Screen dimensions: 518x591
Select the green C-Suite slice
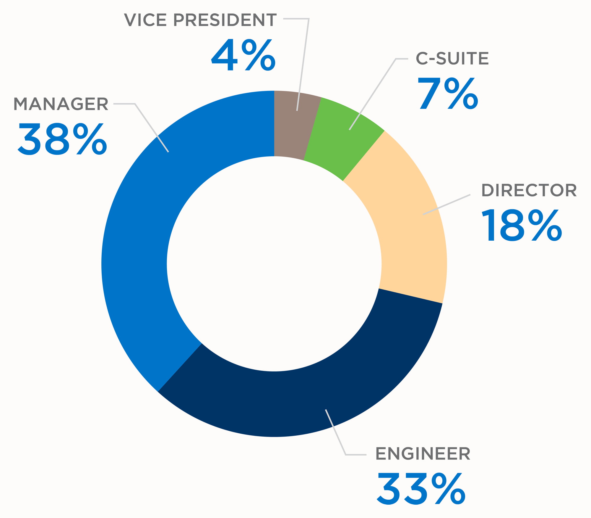pyautogui.click(x=340, y=142)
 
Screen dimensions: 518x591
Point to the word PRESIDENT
pyautogui.click(x=225, y=20)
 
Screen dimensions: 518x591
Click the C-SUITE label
pyautogui.click(x=452, y=58)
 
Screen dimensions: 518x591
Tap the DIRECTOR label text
pyautogui.click(x=529, y=190)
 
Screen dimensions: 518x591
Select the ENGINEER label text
pyautogui.click(x=423, y=454)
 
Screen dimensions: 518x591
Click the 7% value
pyautogui.click(x=448, y=94)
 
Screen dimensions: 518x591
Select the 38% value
pyautogui.click(x=62, y=139)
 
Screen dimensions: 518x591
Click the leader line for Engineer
pyautogui.click(x=335, y=432)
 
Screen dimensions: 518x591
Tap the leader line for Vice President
pyautogui.click(x=303, y=65)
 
